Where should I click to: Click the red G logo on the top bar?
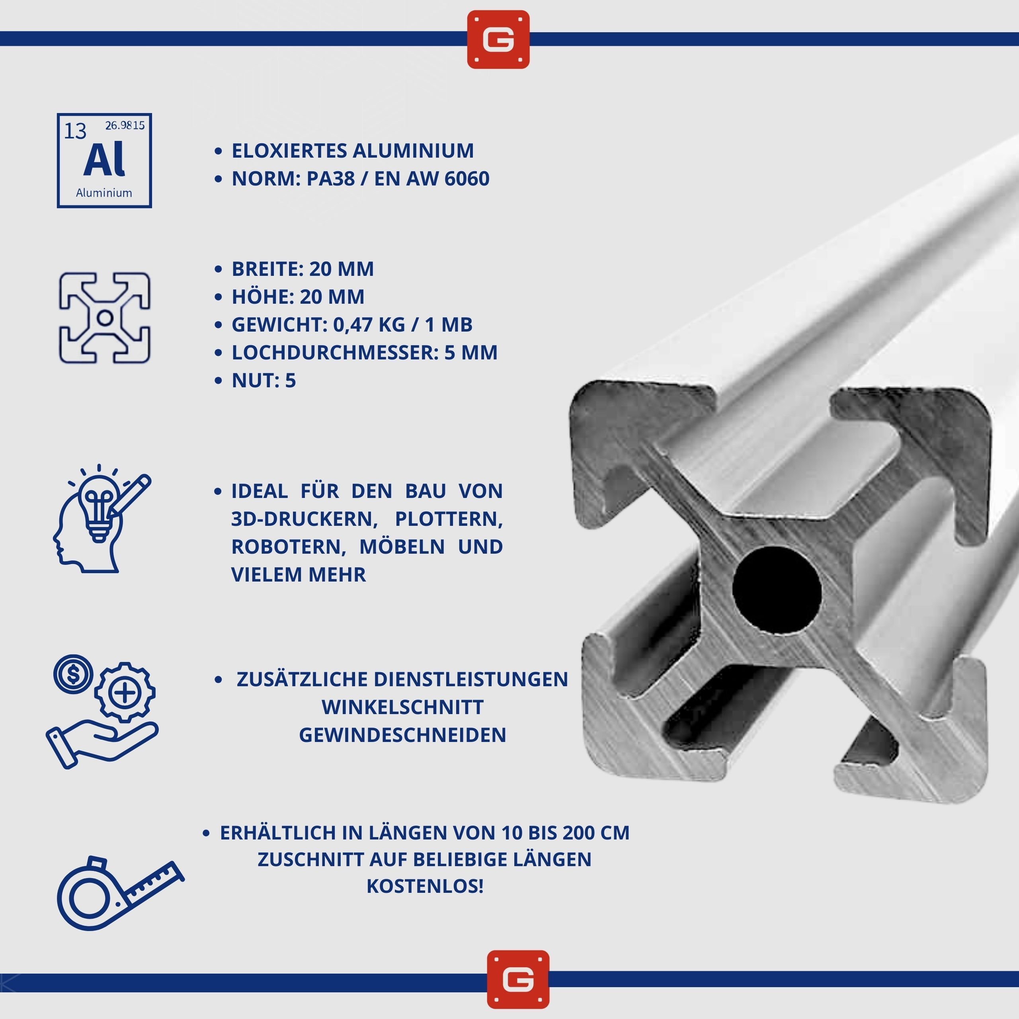coord(498,39)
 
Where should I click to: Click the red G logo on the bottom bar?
coord(518,980)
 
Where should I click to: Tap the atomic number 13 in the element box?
coord(75,131)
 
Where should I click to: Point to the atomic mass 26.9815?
coord(125,125)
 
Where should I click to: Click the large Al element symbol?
coord(104,159)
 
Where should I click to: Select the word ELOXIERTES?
coord(289,151)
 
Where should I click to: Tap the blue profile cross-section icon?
coord(104,318)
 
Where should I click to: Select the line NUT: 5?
coord(264,380)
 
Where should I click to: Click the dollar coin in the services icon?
coord(73,674)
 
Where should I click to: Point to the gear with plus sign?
coord(125,692)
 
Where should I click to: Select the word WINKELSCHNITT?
coord(402,707)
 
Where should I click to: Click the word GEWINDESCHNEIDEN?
coord(402,735)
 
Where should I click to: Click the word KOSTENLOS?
coord(425,886)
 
